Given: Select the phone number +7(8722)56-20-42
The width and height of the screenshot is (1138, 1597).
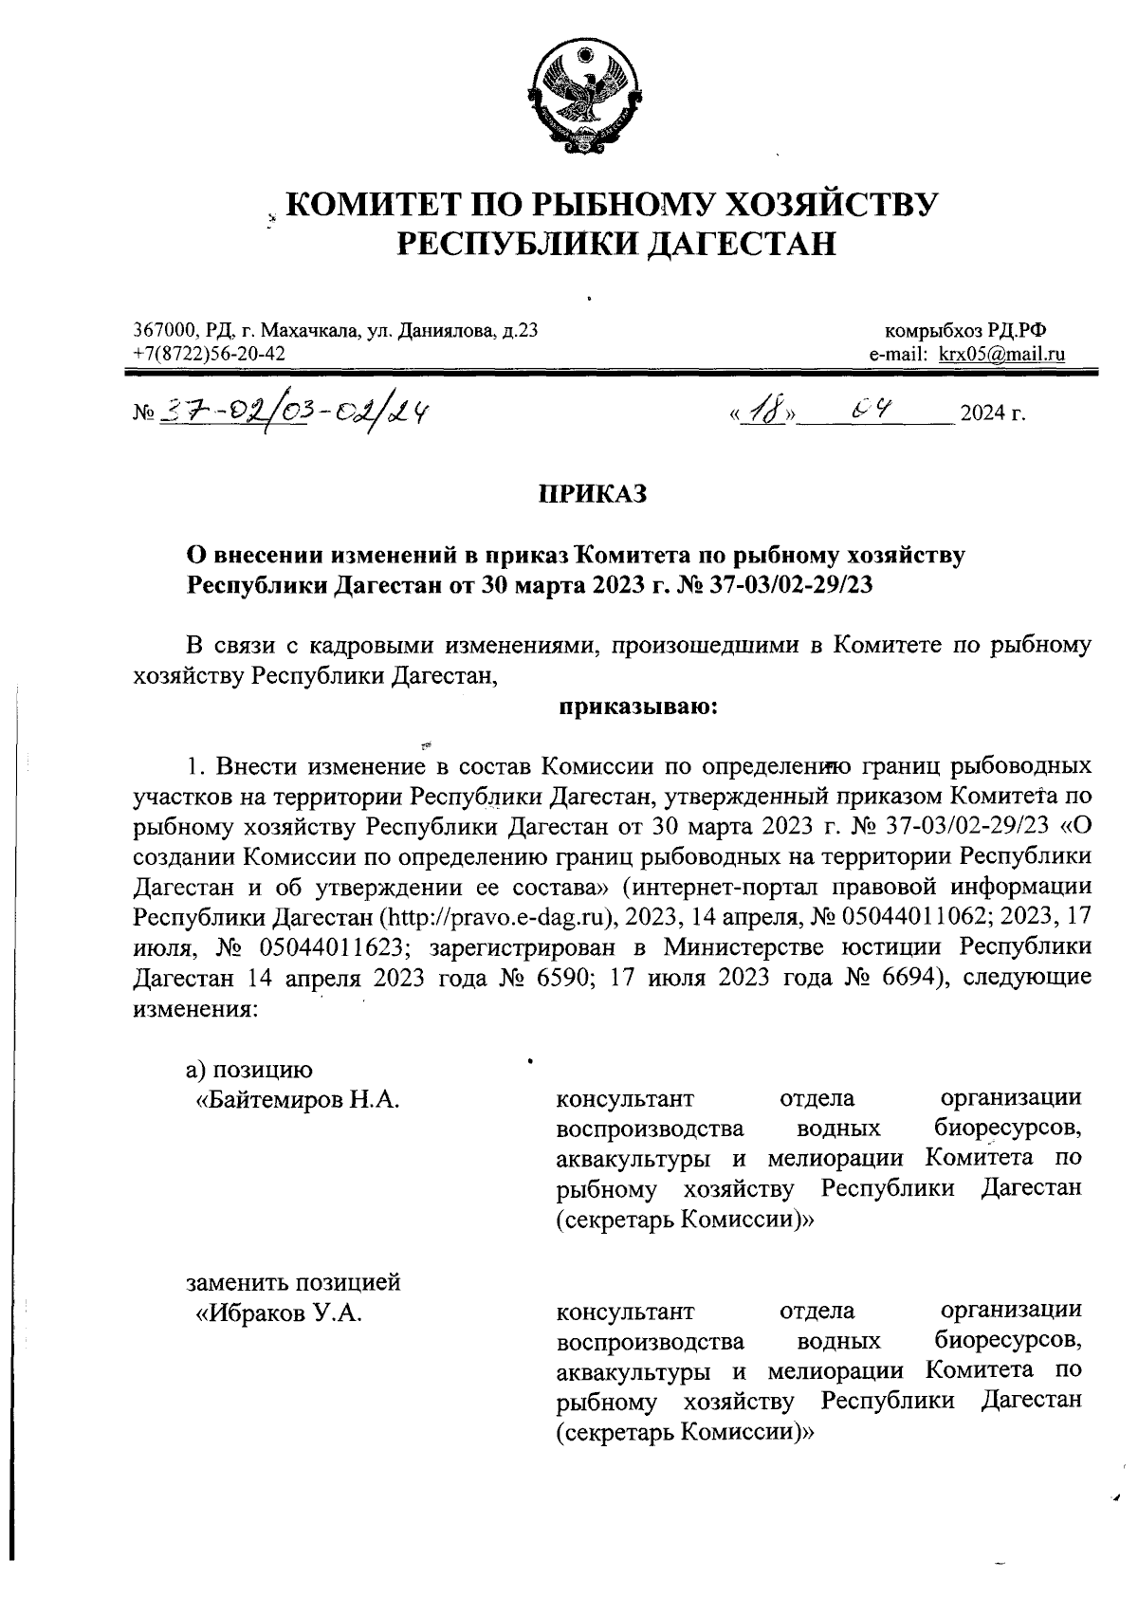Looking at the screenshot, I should coord(208,354).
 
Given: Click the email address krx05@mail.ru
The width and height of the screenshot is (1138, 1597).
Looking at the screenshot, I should coord(1001,355).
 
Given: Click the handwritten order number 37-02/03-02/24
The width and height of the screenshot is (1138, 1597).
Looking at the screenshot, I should coord(294,411).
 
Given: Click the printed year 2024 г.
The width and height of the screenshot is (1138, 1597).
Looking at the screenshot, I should coord(993,414).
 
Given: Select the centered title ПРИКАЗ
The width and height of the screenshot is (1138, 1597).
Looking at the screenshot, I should coord(593,493).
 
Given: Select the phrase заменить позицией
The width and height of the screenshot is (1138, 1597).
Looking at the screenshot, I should coord(293,1282).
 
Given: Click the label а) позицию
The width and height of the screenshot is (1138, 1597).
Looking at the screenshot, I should coord(248,1069).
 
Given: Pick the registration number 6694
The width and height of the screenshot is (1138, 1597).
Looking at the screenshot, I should coord(899,977).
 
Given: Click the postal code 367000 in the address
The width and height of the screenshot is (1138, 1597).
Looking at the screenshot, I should coord(164,331).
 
